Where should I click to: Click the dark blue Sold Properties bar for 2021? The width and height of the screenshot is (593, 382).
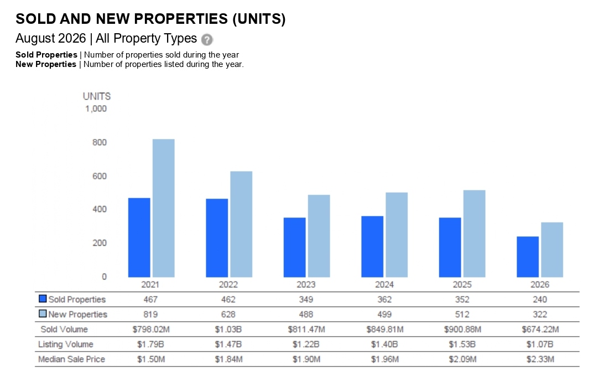pos(139,238)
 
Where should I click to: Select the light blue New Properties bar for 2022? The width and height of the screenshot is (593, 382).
pos(241,224)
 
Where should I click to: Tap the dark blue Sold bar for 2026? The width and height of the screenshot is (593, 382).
pos(528,257)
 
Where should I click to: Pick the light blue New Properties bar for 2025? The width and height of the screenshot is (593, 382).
pos(474,234)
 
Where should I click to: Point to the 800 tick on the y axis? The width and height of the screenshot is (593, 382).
pos(100,142)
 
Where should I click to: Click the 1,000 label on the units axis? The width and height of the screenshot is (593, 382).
pos(96,109)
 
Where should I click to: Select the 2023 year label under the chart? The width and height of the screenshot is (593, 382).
pos(306,285)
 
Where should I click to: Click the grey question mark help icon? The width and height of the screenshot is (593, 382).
pos(207,39)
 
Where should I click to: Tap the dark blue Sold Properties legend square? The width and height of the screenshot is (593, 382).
pos(43,299)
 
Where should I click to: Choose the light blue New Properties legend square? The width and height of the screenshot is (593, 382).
pos(43,314)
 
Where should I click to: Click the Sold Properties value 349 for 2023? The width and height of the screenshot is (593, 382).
pos(306,300)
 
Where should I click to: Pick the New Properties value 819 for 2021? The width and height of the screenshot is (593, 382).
pos(150,314)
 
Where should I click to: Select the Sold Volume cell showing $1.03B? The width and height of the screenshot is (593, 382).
pos(228,329)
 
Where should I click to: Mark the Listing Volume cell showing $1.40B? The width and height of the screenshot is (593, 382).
pos(384,344)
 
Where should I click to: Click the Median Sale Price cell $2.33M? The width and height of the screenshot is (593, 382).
pos(540,359)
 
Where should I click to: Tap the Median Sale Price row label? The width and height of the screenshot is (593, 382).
pos(71,359)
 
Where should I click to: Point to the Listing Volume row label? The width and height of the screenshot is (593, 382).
pos(65,344)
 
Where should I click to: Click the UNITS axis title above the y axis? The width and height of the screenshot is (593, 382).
pos(97,96)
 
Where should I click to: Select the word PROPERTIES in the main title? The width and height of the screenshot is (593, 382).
pos(181,19)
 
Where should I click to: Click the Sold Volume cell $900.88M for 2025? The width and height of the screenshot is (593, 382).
pos(462,329)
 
